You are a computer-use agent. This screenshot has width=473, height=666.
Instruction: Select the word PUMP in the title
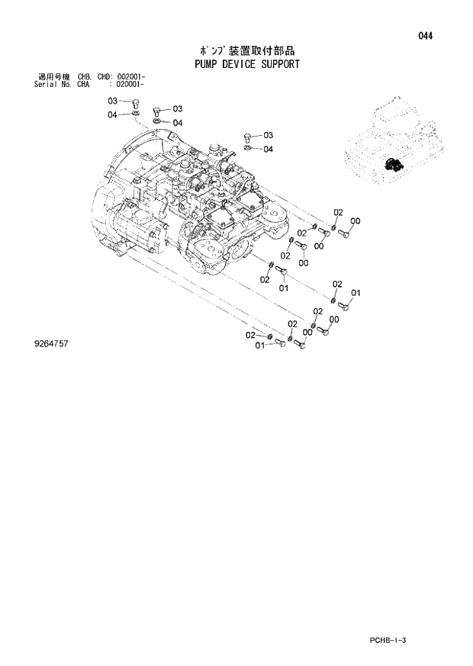click(187, 64)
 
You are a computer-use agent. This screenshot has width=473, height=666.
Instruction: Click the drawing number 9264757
click(51, 344)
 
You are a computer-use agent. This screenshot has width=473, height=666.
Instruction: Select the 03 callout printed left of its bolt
click(111, 101)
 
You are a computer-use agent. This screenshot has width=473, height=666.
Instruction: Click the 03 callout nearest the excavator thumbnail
click(268, 135)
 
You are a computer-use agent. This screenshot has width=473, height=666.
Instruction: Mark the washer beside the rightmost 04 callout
click(249, 148)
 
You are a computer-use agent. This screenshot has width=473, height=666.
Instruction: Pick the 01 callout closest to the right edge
click(355, 293)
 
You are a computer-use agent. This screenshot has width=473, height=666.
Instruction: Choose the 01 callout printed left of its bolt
click(259, 346)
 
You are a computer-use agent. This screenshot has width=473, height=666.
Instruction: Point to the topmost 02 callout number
click(338, 211)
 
